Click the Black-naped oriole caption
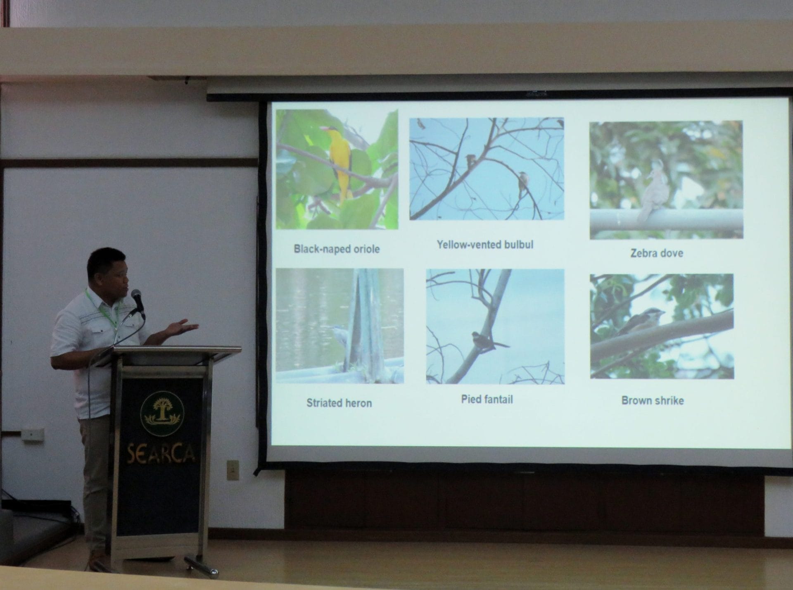[x=337, y=249]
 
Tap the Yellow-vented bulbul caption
[x=485, y=245]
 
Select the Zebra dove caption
[x=657, y=253]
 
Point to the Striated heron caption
[x=339, y=403]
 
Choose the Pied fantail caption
[x=487, y=400]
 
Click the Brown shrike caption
[x=653, y=400]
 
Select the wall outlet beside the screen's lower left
[x=233, y=470]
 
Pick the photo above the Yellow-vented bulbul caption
[x=487, y=169]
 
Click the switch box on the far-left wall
[x=33, y=435]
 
